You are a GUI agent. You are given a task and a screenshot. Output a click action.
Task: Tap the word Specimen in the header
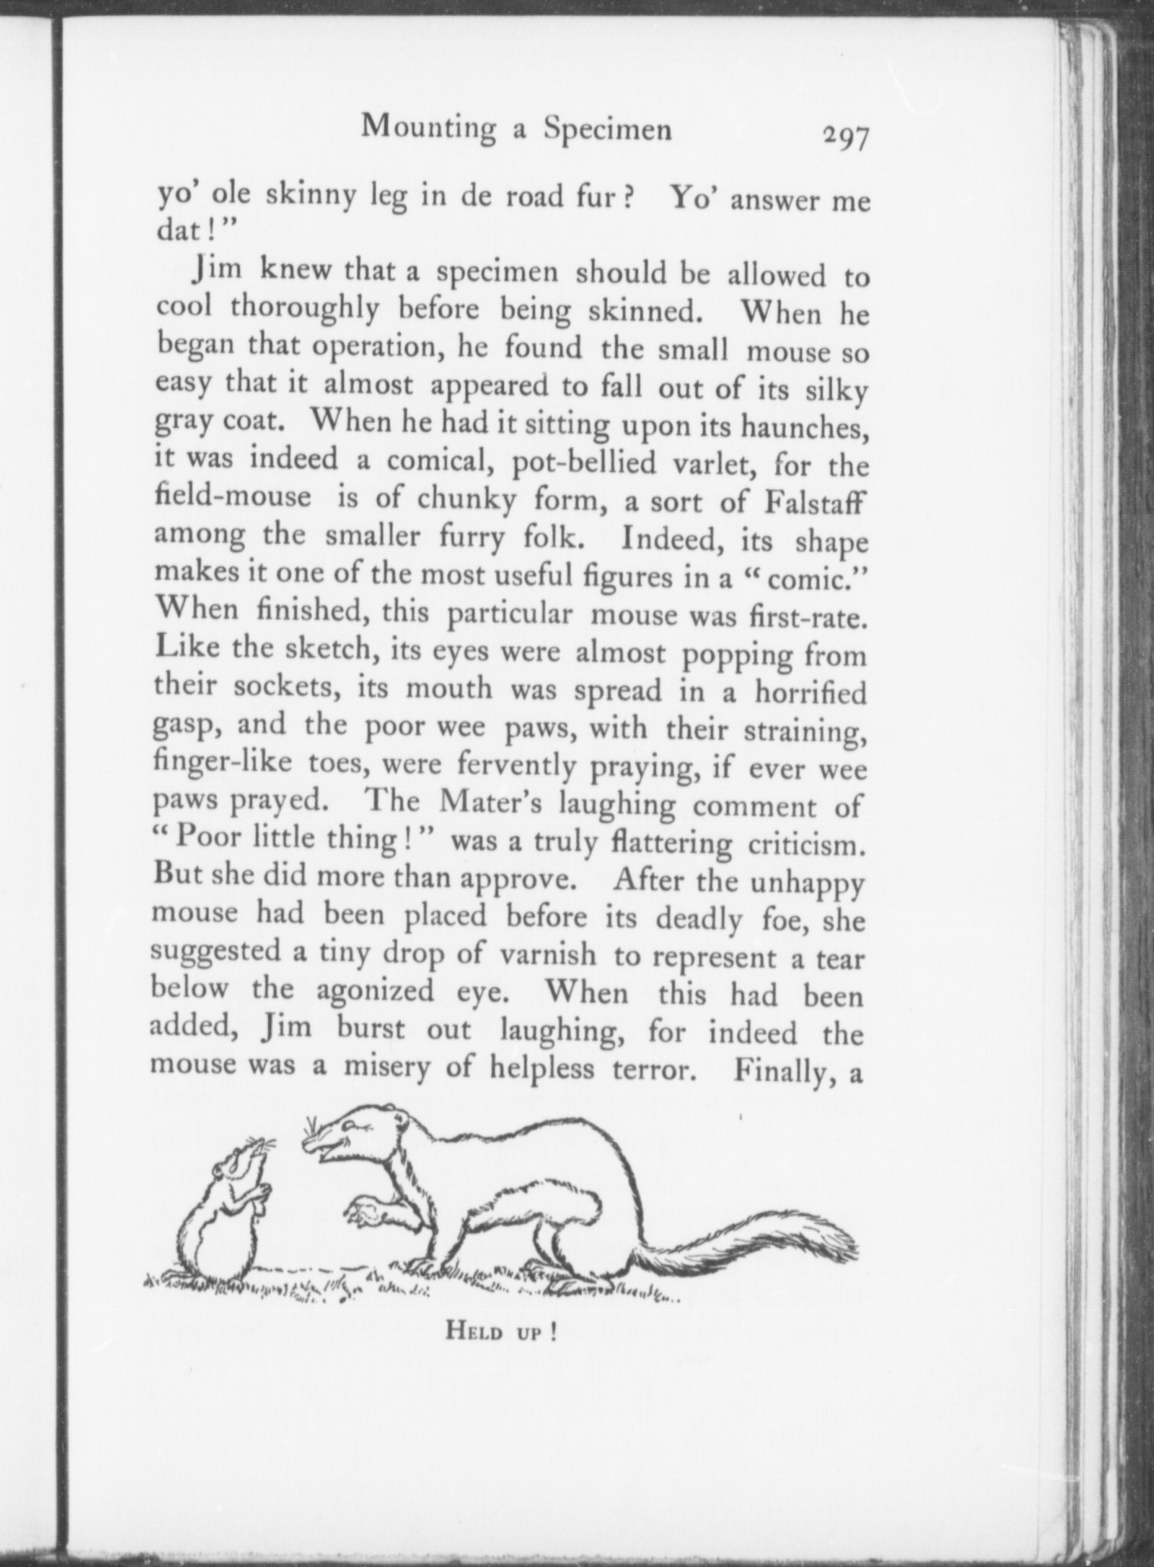click(x=607, y=130)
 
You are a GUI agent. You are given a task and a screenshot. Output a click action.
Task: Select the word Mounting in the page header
click(x=427, y=127)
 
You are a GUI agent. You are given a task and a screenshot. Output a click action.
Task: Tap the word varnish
click(x=548, y=954)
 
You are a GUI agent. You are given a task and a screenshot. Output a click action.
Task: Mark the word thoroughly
click(x=304, y=307)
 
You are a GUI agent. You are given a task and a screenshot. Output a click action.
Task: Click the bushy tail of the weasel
click(x=767, y=1237)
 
